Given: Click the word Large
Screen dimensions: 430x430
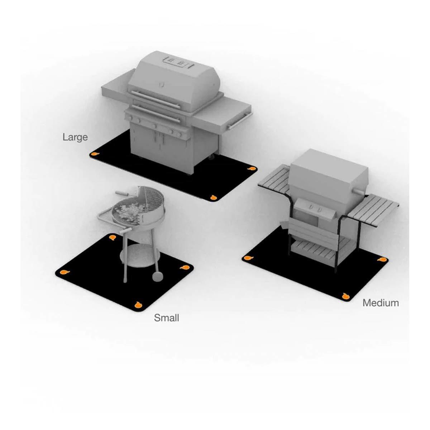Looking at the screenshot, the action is pos(75,137).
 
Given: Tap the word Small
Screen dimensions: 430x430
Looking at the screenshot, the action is pos(167,318).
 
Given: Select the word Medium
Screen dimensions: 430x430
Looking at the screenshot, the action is pos(381,303).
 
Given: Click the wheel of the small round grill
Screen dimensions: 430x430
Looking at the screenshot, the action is pos(158,276).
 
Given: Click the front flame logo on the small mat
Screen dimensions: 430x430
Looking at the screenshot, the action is pos(138,304).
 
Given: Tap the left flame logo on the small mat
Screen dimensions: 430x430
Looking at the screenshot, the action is pos(65,272).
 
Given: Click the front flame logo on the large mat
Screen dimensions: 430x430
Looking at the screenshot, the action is pos(214,197).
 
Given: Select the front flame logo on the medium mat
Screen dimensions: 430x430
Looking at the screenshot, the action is pos(346,296).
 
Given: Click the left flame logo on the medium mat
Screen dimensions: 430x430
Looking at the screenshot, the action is pos(248,258).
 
